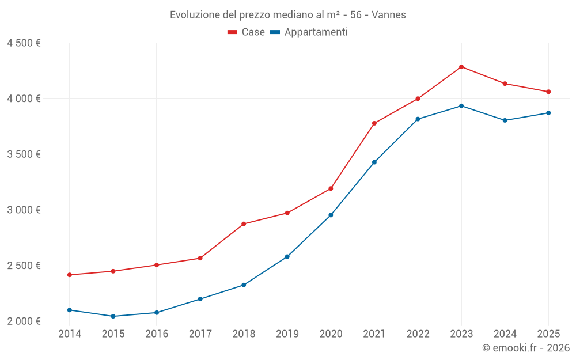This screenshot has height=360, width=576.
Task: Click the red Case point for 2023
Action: point(461,67)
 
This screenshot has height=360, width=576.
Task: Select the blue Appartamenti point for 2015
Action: point(113,316)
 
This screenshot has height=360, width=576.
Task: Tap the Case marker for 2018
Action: point(244,224)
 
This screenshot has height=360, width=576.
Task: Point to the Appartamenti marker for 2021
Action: point(374,162)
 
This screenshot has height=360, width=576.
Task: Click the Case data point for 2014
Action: point(70,275)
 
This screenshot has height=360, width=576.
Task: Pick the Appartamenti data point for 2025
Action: point(548,113)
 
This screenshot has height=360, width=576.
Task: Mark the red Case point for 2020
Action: point(331,188)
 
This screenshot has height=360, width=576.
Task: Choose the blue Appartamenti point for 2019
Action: point(287,256)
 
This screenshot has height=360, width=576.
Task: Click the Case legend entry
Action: point(247,32)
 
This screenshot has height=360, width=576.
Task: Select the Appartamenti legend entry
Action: point(309,32)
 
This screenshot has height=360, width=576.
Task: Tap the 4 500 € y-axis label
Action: point(24,43)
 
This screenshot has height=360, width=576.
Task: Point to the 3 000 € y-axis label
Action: point(24,210)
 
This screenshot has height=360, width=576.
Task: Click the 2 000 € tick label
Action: point(24,321)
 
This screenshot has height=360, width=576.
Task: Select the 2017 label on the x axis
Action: point(200,334)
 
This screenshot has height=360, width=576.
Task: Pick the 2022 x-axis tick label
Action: point(418,334)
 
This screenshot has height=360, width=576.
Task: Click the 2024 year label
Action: point(505,334)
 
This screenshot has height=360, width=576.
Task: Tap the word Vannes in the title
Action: point(389,15)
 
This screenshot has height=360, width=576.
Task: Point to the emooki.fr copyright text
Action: point(526,348)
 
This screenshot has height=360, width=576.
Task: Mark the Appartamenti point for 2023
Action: point(461,106)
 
